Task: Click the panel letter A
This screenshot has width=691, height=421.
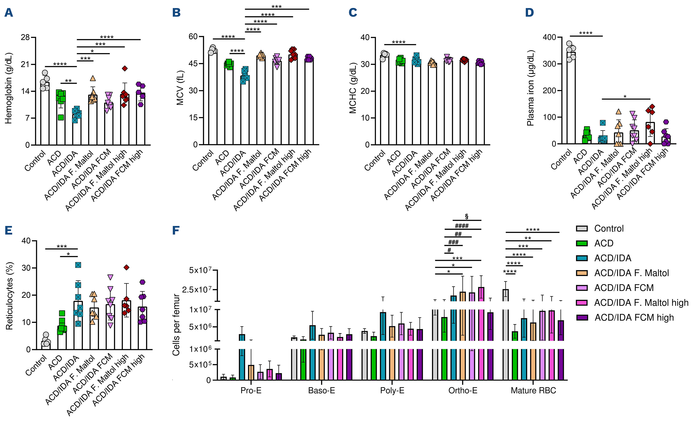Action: [9, 13]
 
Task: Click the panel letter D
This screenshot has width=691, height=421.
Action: [529, 13]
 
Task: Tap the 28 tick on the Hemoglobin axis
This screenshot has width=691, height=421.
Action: [25, 37]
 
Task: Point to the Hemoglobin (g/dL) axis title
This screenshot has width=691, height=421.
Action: [9, 88]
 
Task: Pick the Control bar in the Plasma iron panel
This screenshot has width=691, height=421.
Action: [571, 98]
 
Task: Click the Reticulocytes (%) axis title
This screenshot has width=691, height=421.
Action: [9, 296]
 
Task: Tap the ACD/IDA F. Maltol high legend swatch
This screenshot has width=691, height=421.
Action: [582, 303]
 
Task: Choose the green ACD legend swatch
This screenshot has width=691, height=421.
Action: [582, 243]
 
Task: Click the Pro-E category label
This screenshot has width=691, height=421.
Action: [251, 390]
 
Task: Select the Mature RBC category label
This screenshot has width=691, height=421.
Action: [533, 390]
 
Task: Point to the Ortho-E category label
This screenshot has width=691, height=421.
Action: [463, 390]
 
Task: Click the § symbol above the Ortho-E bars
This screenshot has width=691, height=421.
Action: [467, 216]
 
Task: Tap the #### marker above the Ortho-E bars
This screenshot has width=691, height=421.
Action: [462, 226]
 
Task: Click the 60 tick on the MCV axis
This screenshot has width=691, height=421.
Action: [193, 37]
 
